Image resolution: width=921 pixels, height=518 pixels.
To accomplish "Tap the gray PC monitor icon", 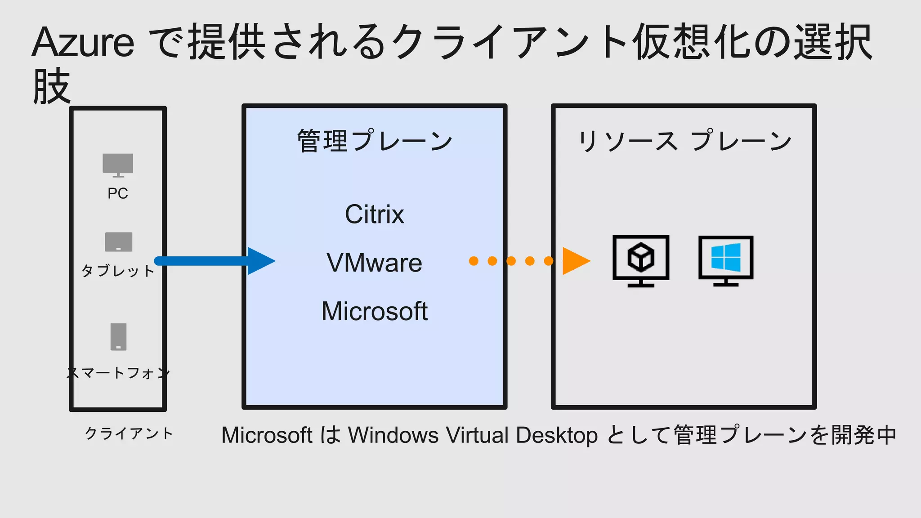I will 118,165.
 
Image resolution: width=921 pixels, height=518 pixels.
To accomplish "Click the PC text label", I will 118,193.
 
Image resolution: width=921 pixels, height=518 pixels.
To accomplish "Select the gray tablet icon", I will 119,242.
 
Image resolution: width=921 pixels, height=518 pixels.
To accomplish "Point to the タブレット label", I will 118,271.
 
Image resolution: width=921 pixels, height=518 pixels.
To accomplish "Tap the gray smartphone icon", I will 119,337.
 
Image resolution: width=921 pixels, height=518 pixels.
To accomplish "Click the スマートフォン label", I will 118,373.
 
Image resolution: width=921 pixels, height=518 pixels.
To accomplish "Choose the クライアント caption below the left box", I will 129,433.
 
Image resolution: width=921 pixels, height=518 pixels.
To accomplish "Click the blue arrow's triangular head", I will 260,261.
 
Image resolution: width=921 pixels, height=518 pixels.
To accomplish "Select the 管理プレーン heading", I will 375,141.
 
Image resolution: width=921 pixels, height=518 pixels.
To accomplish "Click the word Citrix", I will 374,214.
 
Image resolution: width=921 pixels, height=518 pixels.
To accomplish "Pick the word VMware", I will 374,263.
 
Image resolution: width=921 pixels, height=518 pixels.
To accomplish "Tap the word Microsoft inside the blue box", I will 374,311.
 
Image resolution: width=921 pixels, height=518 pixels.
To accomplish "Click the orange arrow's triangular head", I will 575,261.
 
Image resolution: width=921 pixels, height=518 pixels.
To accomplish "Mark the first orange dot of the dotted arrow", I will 474,261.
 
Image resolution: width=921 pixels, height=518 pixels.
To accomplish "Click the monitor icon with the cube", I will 641,260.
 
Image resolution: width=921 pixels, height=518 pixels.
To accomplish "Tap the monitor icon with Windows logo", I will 726,260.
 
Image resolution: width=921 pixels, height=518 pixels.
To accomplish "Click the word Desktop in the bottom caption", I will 557,435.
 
